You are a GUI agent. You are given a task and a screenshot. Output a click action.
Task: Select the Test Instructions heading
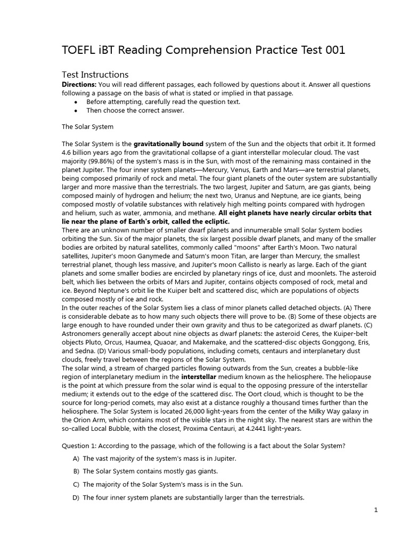coord(95,75)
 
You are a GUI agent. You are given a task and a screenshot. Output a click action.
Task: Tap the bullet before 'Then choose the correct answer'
coord(76,110)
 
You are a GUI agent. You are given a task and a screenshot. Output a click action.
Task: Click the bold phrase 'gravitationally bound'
coord(168,144)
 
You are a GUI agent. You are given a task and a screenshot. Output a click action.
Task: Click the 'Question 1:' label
coord(83,446)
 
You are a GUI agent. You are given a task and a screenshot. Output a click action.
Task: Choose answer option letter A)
coord(76,459)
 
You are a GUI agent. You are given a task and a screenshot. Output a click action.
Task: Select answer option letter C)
coord(76,484)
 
